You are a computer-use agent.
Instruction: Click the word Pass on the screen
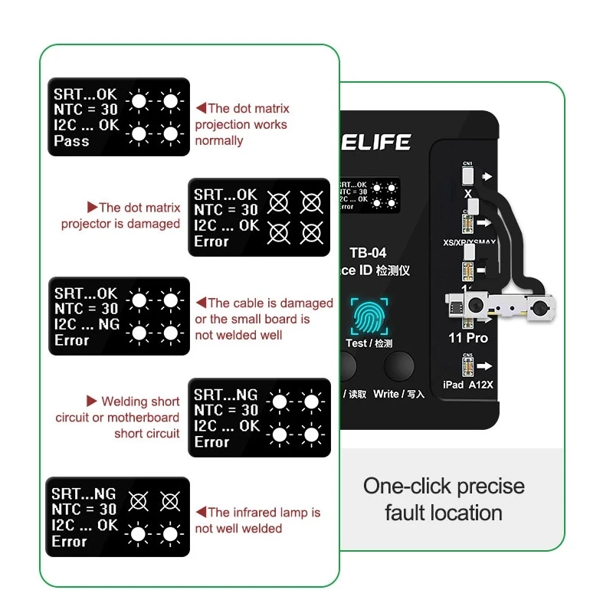coord(71,141)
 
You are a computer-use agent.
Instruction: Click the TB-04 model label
coord(368,253)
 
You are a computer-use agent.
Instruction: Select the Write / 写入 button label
coord(398,394)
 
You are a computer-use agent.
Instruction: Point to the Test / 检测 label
coord(369,343)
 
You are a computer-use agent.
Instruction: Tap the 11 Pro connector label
coord(467,338)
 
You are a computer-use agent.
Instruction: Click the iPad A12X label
coord(468,384)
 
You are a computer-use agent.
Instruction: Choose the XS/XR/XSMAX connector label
coord(469,242)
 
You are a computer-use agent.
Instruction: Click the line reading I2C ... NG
coord(86,325)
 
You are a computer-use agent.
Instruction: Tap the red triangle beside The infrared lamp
coord(200,512)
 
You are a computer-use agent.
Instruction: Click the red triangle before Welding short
coord(92,401)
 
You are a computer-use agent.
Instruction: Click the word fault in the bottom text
coord(403,513)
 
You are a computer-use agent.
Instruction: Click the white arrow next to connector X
coord(487,176)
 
